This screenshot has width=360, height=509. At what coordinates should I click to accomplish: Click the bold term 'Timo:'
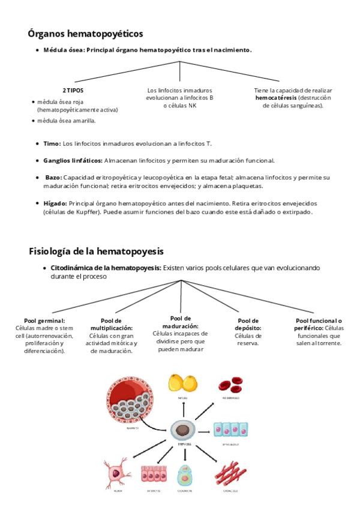(52, 144)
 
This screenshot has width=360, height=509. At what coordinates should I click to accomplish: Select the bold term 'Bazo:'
(53, 178)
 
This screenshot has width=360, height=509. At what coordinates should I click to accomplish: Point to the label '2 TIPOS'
(73, 91)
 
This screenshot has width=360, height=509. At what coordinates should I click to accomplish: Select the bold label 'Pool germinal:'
(44, 321)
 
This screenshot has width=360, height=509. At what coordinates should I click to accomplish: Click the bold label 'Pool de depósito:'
(248, 325)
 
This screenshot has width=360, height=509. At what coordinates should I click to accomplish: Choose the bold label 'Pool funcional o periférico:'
(319, 325)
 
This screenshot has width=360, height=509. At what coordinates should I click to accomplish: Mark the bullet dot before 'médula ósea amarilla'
(33, 121)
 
